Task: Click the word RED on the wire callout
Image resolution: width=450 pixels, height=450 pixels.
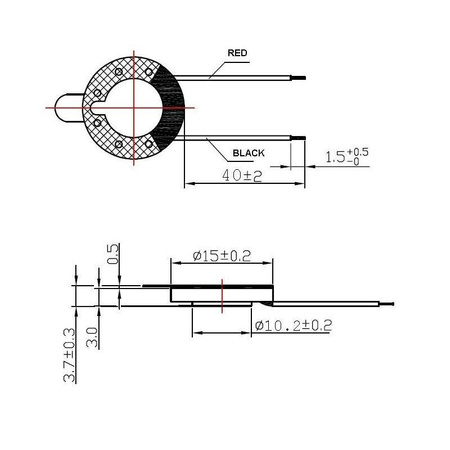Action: (237, 53)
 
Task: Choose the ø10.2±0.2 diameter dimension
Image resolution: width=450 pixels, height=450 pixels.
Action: (293, 326)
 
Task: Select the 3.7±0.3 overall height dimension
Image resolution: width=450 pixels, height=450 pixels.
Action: (69, 354)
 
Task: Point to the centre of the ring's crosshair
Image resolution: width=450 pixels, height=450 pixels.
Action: (133, 105)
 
